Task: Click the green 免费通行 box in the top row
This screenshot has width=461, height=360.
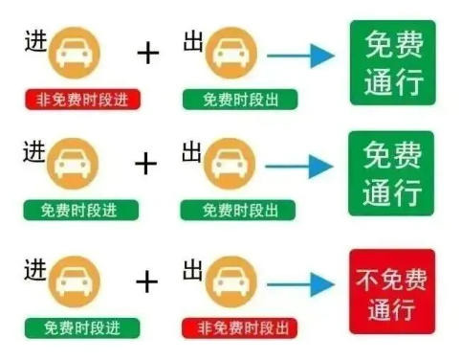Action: pyautogui.click(x=390, y=61)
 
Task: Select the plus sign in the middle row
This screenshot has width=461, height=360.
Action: pyautogui.click(x=145, y=164)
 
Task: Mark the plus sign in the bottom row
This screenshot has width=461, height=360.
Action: pyautogui.click(x=146, y=281)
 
